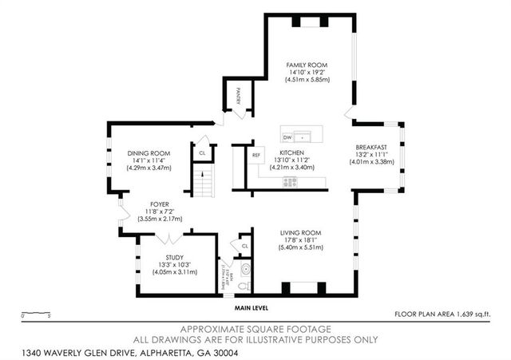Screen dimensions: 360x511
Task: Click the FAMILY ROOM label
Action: (307, 65)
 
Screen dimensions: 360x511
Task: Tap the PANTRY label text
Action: (238, 96)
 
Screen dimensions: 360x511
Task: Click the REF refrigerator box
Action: (256, 155)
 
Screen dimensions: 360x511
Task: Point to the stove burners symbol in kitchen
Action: (290, 182)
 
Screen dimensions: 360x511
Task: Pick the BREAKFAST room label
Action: (371, 147)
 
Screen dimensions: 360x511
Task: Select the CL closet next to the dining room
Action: (202, 152)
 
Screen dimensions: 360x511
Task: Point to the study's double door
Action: (168, 238)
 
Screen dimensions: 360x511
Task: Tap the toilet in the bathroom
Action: (246, 285)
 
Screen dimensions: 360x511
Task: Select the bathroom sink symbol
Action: (248, 269)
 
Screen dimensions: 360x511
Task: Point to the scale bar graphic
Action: (37, 312)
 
